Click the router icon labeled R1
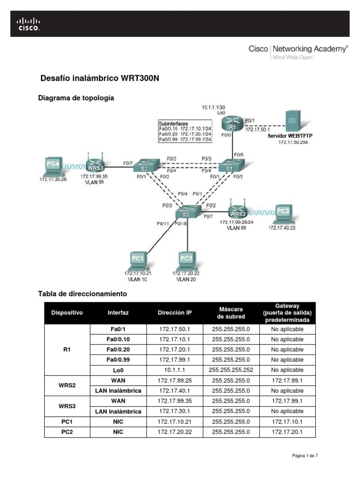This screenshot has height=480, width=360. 232,126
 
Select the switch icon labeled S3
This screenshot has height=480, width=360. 144,166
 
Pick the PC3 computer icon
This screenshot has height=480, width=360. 283,213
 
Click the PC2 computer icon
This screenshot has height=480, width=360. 187,260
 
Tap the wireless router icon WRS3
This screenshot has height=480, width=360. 95,165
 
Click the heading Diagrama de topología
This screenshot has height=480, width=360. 75,98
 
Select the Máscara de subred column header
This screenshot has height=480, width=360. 231,313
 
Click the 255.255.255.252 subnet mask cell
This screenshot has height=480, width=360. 231,370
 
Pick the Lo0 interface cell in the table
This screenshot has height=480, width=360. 118,370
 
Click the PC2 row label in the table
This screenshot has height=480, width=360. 67,432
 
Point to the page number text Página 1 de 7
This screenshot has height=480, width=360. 304,455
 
